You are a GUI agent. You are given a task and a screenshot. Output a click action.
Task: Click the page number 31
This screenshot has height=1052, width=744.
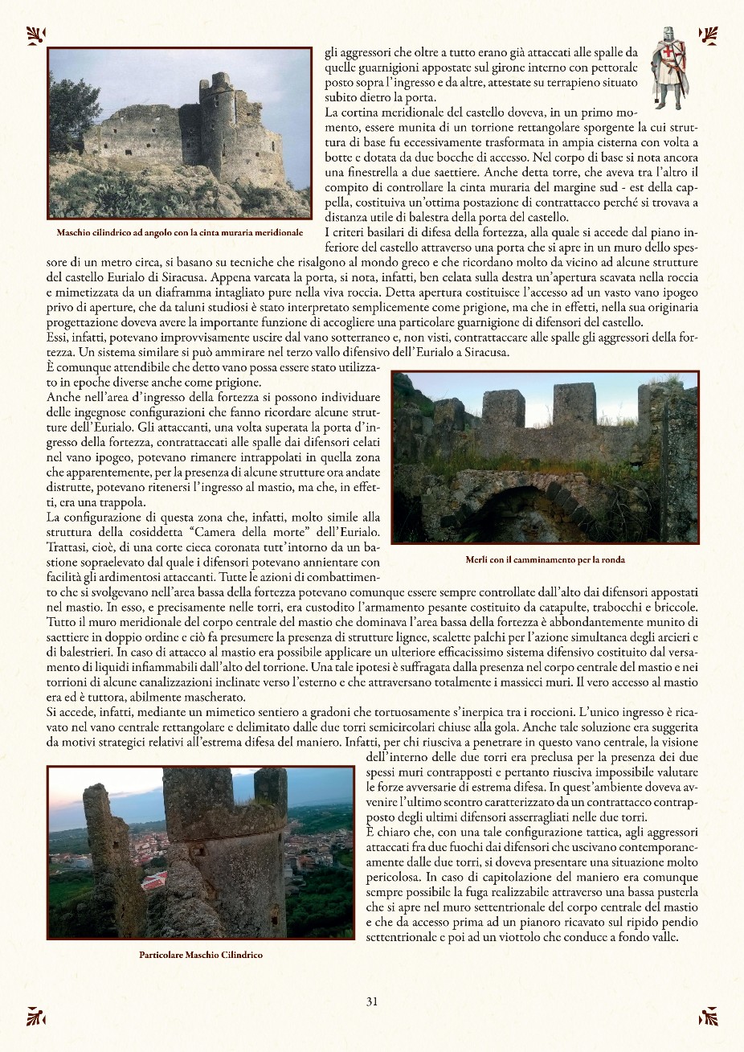372,1001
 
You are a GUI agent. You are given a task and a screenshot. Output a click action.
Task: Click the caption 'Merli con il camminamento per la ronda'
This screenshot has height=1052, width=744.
545,560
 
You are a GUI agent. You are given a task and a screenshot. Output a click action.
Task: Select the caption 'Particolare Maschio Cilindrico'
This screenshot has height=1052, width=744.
201,955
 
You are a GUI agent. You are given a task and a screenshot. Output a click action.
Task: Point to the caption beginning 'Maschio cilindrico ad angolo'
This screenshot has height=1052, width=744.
180,232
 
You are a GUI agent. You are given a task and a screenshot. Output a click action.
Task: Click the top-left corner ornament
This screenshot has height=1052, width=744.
36,35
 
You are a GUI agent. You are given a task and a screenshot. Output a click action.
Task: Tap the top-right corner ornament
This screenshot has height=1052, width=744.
708,35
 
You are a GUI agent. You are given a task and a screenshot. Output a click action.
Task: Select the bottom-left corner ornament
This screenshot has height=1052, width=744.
36,1017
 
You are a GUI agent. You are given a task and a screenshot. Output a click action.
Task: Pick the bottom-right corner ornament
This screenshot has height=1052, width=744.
708,1017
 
